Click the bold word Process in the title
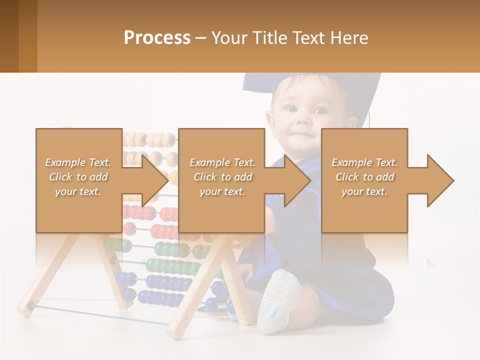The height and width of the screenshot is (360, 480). [157, 38]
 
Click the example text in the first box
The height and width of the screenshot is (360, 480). [78, 177]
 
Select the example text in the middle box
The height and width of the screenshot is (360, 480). [222, 177]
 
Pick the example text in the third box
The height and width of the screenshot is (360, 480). [364, 177]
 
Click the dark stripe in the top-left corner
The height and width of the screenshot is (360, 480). [9, 36]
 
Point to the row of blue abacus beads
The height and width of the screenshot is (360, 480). [160, 297]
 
